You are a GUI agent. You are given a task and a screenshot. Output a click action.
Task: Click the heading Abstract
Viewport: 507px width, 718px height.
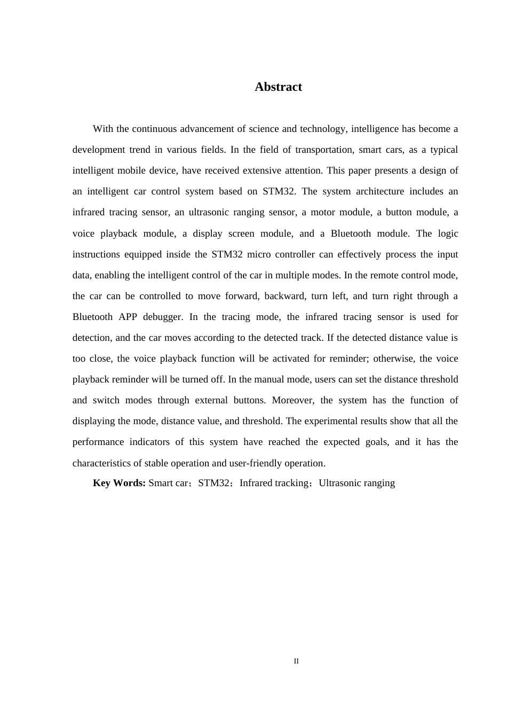pyautogui.click(x=278, y=87)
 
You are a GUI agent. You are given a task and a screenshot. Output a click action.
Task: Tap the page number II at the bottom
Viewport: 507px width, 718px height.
pyautogui.click(x=296, y=661)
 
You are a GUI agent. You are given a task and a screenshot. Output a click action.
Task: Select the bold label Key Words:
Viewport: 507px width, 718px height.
pyautogui.click(x=119, y=483)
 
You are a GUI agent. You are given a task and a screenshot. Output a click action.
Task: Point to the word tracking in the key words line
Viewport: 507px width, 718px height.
pyautogui.click(x=291, y=483)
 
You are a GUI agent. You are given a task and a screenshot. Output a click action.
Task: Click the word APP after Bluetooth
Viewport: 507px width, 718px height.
pyautogui.click(x=128, y=317)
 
